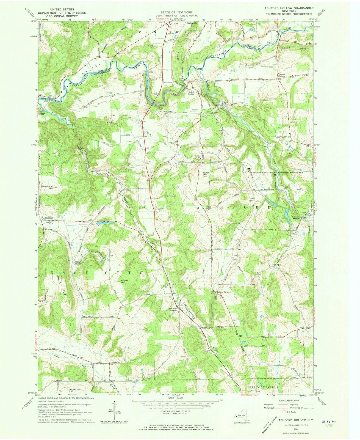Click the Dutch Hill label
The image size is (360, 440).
pos(207,174)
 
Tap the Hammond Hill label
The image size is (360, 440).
pos(47,187)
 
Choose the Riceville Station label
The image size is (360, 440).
pos(291,217)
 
